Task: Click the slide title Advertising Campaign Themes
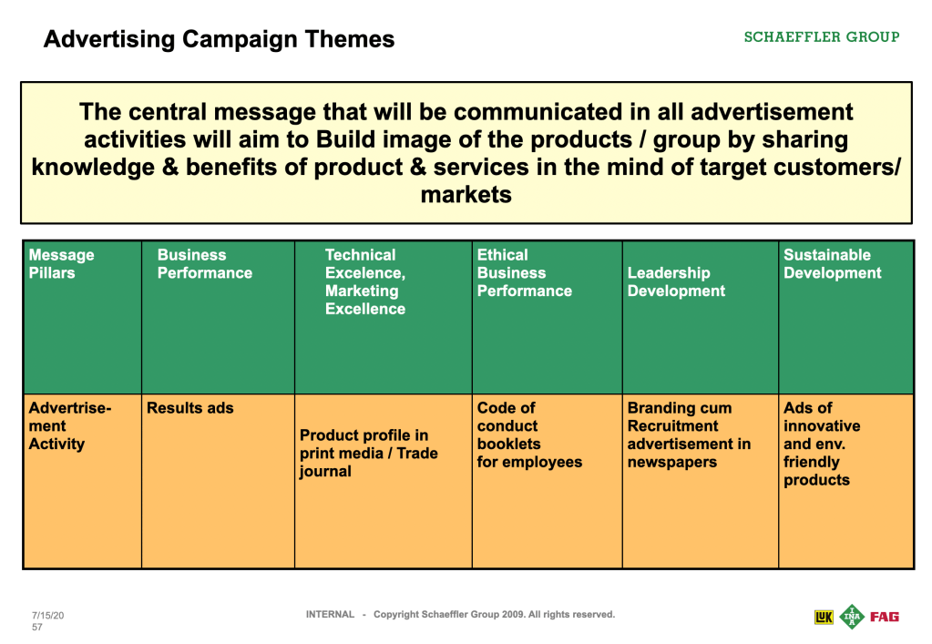219,39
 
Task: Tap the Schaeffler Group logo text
822,36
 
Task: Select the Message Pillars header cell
61,264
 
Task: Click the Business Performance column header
204,264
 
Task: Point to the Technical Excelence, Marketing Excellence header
365,281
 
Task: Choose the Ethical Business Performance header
524,272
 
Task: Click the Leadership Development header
676,281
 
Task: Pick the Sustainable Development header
832,264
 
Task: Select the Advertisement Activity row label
69,426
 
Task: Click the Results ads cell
190,408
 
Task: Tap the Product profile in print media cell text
369,454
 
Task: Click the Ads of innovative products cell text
822,444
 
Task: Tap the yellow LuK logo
824,618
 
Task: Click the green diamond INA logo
852,617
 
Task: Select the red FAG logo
885,617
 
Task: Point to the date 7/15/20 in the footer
47,616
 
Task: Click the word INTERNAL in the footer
330,614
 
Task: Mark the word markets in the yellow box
466,195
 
